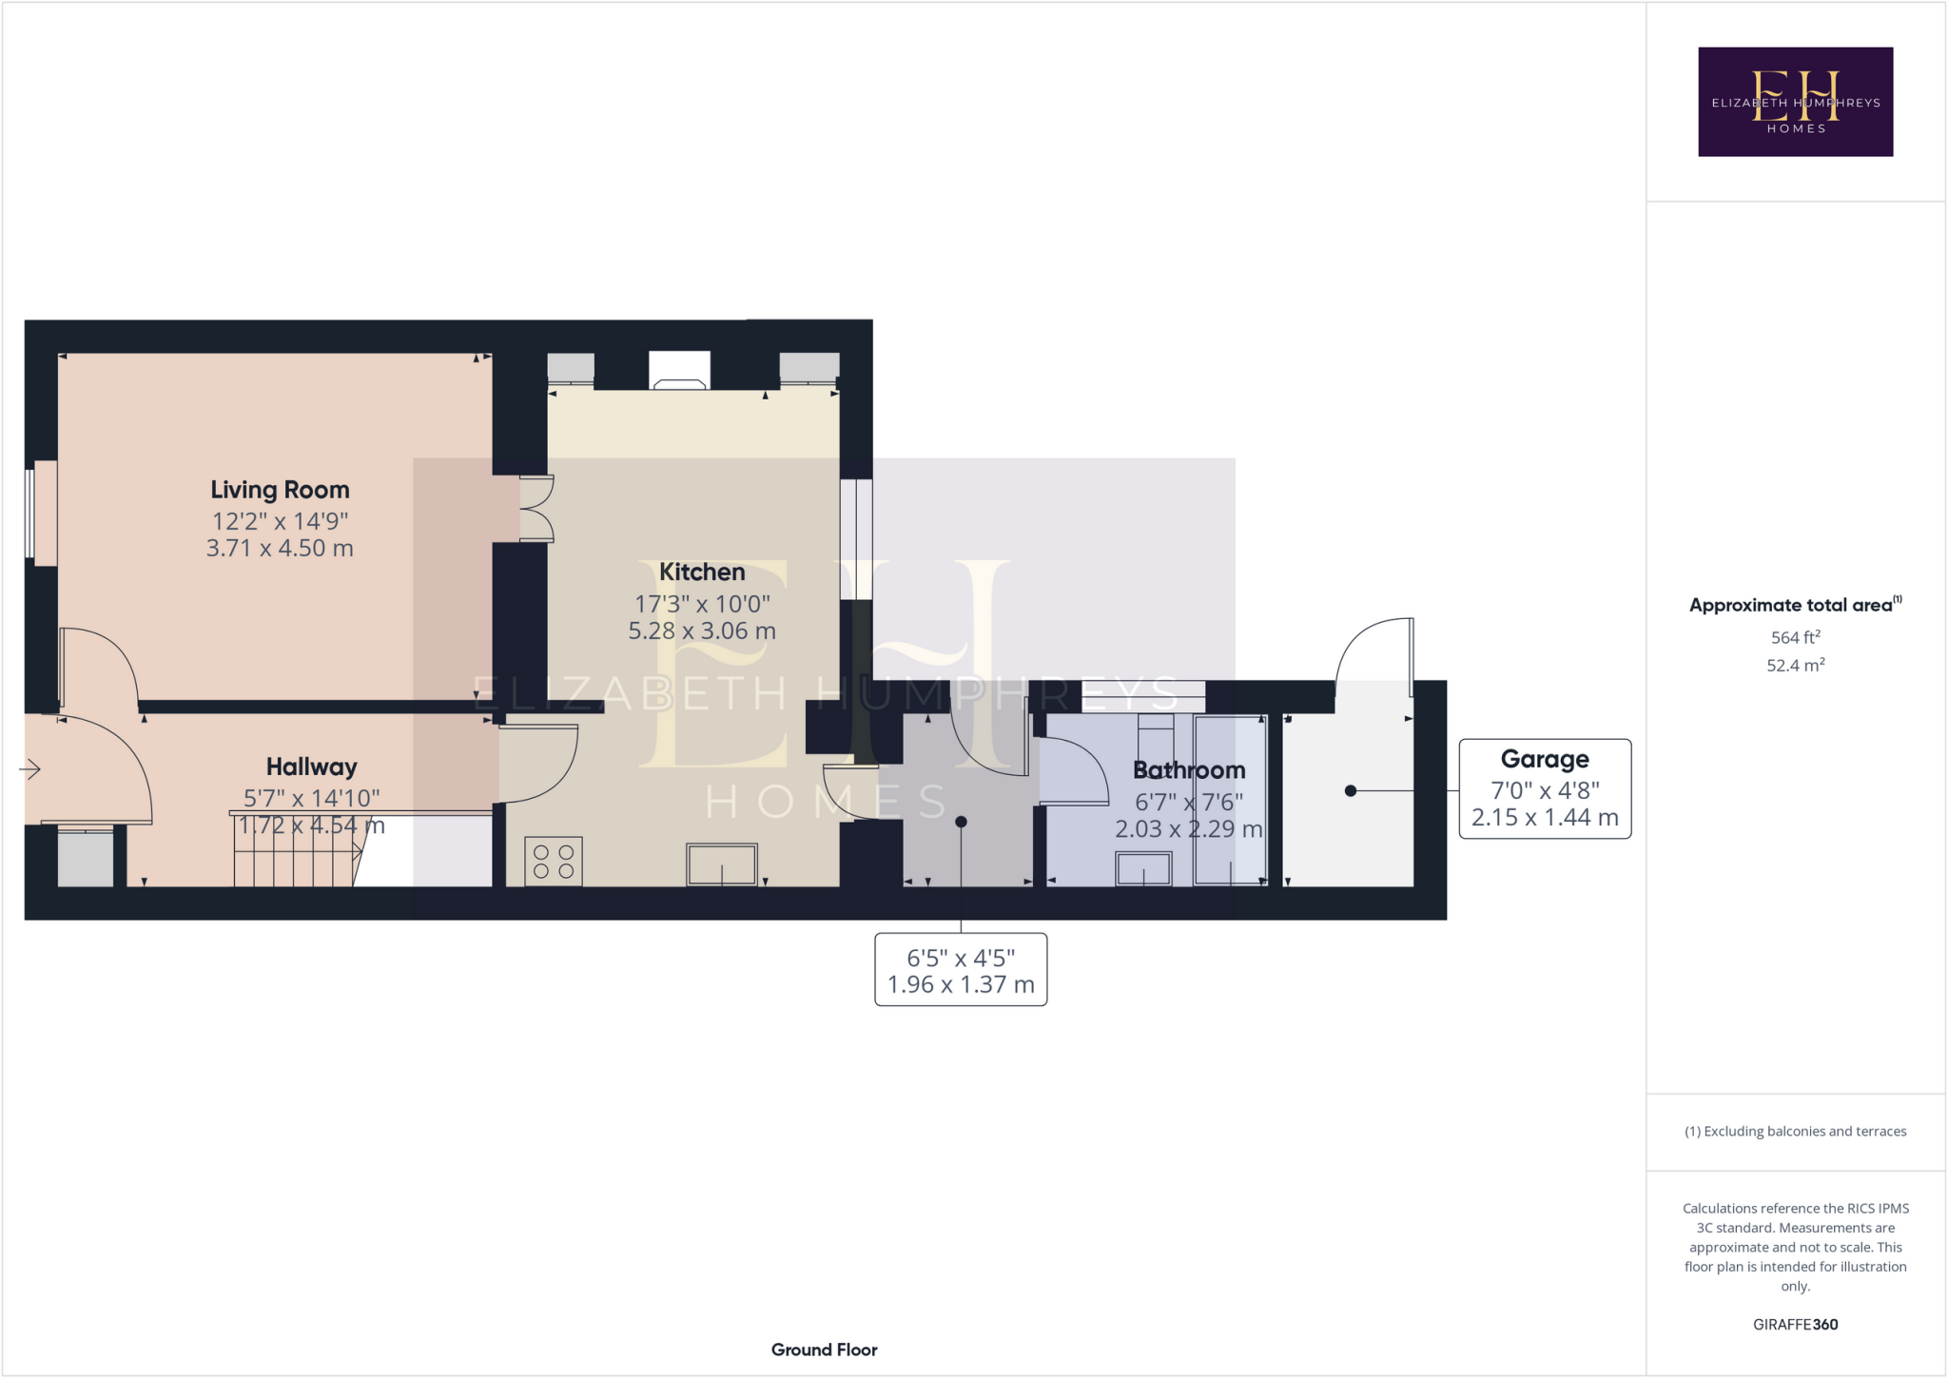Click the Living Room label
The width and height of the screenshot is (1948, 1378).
click(280, 490)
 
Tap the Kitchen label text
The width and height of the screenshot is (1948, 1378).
click(702, 572)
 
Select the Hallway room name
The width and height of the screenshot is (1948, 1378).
click(311, 767)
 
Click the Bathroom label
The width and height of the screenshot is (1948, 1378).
click(1188, 770)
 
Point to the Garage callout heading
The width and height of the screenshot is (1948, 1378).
click(1545, 759)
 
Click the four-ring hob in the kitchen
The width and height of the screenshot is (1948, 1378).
click(553, 862)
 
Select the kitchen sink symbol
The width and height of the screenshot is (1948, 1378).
click(722, 864)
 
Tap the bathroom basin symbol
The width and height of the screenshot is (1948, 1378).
click(1143, 868)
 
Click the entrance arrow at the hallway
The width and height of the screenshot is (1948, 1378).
click(30, 768)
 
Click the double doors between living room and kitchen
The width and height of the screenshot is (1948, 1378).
click(536, 509)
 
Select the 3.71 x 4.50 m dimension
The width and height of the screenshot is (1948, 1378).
click(280, 549)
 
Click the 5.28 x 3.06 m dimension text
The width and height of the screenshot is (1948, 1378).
click(702, 631)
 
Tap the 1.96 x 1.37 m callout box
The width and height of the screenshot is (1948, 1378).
click(961, 970)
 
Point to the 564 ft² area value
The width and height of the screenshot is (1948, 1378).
click(1795, 637)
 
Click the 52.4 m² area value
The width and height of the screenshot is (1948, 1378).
click(1795, 666)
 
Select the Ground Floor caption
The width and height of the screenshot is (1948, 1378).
click(824, 1349)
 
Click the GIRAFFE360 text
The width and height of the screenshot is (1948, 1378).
click(1795, 1325)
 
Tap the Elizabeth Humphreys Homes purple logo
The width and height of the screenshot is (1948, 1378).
click(1795, 102)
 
